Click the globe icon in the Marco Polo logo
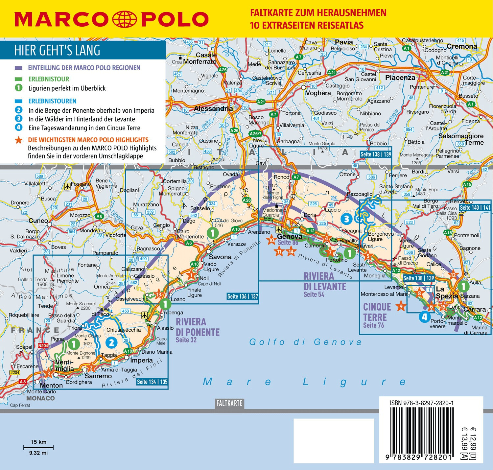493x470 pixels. (125, 19)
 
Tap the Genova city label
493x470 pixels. (290, 236)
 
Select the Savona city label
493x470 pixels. (220, 257)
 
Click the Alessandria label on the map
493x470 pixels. (213, 108)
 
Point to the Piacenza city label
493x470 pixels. (400, 78)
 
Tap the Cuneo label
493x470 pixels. (38, 221)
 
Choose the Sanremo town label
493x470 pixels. (98, 376)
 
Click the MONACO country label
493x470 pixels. (40, 398)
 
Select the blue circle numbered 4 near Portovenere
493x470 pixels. (424, 317)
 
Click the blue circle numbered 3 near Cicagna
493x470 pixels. (346, 219)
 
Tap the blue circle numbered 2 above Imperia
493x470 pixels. (111, 343)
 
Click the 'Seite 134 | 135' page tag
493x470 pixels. (152, 382)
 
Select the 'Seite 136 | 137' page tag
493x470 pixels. (243, 296)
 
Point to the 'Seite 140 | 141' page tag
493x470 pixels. (475, 207)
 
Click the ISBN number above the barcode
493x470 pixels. (422, 403)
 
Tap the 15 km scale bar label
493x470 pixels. (38, 442)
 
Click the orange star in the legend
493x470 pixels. (19, 140)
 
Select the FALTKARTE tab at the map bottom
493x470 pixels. (229, 403)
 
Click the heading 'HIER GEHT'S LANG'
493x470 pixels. (57, 50)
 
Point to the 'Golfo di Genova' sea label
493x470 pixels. (305, 342)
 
